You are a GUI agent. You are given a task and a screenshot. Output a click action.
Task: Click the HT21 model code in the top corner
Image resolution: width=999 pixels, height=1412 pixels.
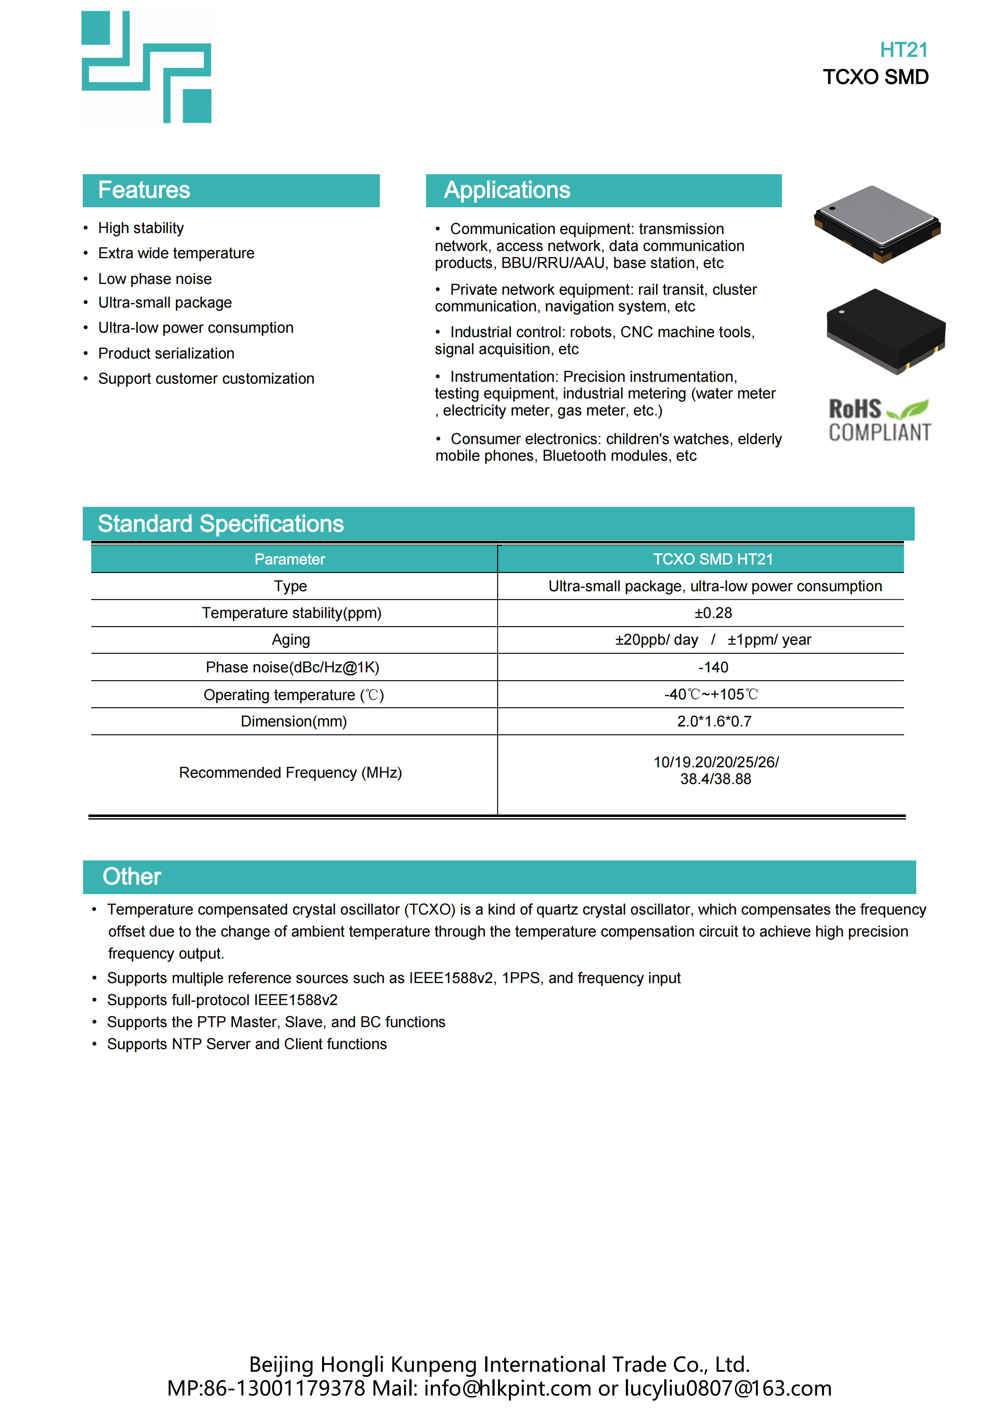pyautogui.click(x=903, y=50)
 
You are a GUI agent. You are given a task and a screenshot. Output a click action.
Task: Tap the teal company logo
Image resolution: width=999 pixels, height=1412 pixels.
pyautogui.click(x=146, y=67)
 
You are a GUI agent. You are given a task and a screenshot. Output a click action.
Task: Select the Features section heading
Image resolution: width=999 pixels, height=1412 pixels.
pyautogui.click(x=144, y=190)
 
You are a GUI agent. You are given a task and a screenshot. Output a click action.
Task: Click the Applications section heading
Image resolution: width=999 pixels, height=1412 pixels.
pyautogui.click(x=507, y=190)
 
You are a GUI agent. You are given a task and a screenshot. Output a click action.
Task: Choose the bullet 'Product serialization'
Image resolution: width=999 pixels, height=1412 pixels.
pyautogui.click(x=166, y=353)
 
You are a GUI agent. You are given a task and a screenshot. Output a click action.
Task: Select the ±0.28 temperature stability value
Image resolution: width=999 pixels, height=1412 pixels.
pyautogui.click(x=713, y=613)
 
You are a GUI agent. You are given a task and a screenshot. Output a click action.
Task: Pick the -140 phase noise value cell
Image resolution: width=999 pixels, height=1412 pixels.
pyautogui.click(x=713, y=667)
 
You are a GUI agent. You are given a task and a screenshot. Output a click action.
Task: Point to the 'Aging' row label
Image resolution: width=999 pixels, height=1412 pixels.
pyautogui.click(x=291, y=640)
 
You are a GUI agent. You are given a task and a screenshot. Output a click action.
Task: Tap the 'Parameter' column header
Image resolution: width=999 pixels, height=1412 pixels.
pyautogui.click(x=290, y=559)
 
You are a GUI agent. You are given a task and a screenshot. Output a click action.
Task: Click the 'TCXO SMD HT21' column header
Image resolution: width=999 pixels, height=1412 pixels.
pyautogui.click(x=713, y=559)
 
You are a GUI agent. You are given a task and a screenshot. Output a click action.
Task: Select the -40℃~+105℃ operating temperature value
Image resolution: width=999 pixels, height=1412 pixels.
pyautogui.click(x=711, y=694)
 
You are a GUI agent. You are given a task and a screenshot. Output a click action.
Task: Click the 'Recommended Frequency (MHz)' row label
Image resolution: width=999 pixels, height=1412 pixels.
pyautogui.click(x=290, y=773)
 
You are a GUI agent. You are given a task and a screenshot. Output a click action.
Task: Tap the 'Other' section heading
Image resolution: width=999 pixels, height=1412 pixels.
pyautogui.click(x=132, y=876)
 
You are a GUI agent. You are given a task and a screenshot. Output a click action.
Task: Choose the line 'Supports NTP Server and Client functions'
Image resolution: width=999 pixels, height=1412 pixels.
pyautogui.click(x=247, y=1044)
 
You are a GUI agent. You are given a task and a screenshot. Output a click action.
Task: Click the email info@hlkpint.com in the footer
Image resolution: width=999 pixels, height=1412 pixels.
pyautogui.click(x=507, y=1388)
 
